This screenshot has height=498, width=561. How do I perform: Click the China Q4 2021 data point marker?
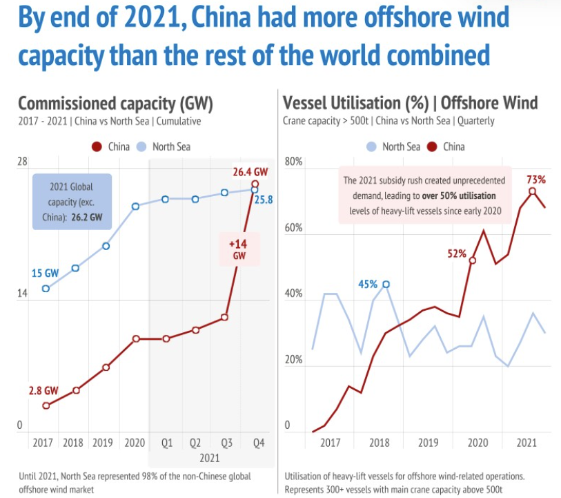click(255, 184)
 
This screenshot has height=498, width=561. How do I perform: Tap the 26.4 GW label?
click(250, 171)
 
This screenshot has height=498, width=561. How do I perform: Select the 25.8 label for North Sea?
click(264, 200)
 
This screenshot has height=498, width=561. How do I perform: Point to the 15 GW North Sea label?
click(45, 273)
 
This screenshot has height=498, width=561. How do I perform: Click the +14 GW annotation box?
click(238, 249)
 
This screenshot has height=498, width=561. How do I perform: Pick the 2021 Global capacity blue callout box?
click(71, 201)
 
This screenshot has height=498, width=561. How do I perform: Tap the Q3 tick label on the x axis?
click(225, 442)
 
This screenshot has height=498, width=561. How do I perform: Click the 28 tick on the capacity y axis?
click(22, 162)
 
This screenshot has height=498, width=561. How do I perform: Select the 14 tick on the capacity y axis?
click(22, 294)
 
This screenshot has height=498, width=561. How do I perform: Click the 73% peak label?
click(536, 180)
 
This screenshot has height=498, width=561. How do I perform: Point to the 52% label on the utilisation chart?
click(457, 253)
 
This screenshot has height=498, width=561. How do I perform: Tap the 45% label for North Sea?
click(368, 284)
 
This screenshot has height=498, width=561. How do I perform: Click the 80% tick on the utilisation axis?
click(294, 162)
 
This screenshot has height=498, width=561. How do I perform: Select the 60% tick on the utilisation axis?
click(294, 228)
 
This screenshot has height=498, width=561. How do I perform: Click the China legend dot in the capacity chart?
click(97, 146)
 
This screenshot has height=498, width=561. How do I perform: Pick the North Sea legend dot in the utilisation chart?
click(371, 146)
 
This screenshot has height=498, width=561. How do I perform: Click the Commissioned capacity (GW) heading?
click(115, 104)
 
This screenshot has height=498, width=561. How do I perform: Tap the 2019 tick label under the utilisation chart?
click(428, 442)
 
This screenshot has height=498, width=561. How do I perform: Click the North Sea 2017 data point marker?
click(46, 289)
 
